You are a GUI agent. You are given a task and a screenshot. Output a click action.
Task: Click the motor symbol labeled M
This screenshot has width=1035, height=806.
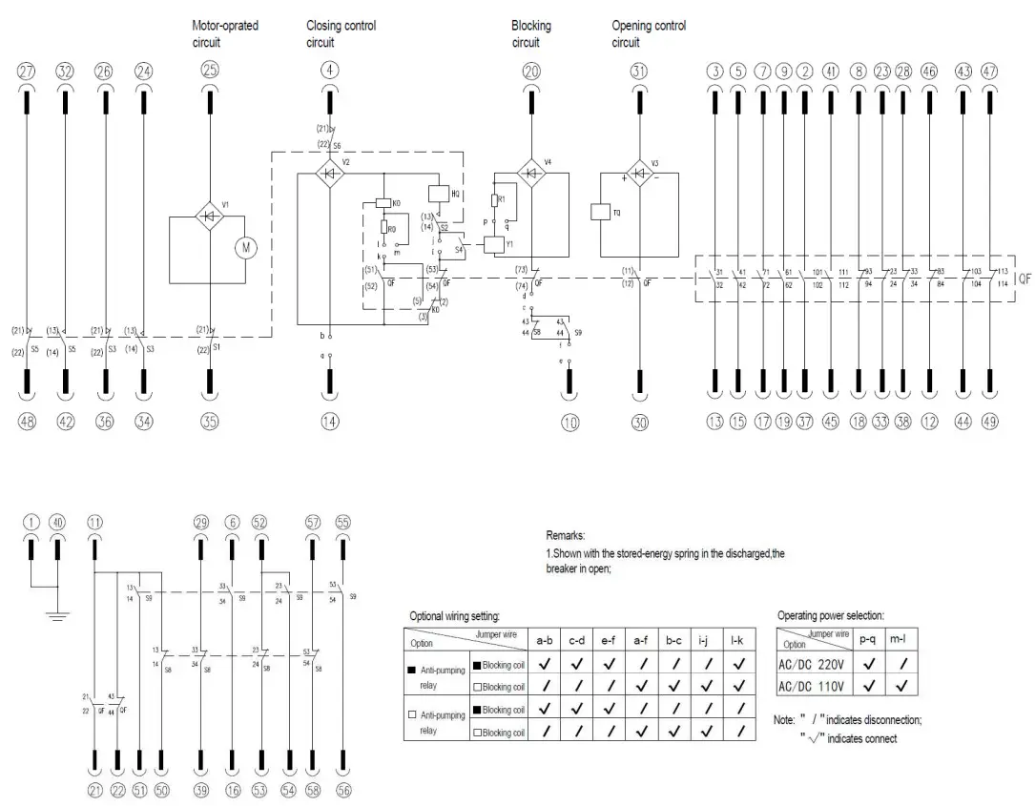[247, 248]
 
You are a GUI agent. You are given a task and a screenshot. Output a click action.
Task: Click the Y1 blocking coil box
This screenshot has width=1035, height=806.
[493, 243]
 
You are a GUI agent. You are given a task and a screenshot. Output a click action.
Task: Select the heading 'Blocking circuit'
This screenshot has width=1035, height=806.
[531, 34]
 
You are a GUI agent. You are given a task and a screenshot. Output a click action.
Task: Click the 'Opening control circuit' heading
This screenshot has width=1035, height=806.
[649, 34]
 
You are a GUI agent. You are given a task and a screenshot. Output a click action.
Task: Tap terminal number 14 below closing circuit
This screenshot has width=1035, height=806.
[330, 421]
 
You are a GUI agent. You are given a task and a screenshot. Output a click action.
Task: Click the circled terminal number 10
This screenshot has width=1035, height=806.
[569, 421]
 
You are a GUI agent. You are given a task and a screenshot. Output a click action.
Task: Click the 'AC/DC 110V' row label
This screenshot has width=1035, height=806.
[814, 686]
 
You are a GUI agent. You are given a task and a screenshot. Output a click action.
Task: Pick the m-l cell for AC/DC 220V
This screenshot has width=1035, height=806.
[900, 664]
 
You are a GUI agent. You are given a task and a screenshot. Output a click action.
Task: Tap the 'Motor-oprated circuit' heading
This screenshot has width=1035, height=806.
[225, 34]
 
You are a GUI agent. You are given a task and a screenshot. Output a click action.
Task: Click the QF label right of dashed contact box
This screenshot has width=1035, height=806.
[1023, 280]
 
